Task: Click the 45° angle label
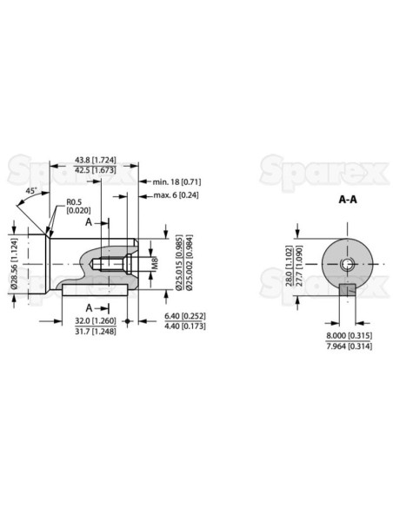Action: coord(30,190)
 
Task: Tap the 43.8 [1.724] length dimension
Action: coord(91,161)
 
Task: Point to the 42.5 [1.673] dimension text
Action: coord(91,171)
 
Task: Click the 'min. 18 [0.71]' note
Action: coord(177,181)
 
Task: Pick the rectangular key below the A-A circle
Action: coord(347,290)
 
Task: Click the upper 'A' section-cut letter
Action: coord(89,222)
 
